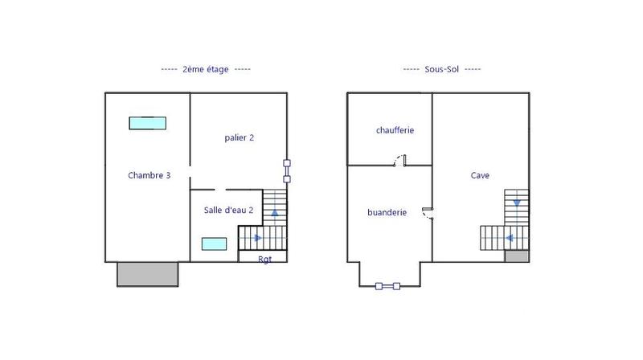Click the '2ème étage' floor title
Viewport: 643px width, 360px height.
206,70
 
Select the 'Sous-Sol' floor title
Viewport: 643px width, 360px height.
441,70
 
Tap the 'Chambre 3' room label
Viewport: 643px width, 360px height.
149,175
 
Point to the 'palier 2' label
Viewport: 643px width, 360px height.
240,137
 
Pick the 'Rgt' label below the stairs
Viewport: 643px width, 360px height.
264,259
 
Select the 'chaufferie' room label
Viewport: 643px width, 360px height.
395,130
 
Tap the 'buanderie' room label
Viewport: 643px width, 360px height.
387,213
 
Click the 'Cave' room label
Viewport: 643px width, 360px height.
481,175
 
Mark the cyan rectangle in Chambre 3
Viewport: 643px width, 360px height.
148,123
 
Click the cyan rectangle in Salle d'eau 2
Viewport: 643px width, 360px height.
214,243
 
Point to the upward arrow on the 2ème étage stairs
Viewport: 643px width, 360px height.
275,213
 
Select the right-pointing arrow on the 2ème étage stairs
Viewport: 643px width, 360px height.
258,238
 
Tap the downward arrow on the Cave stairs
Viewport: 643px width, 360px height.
517,202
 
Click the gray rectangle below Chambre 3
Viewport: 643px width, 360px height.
148,274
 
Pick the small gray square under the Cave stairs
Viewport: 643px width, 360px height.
517,256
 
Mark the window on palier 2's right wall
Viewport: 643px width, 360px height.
286,171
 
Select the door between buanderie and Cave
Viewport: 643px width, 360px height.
428,213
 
